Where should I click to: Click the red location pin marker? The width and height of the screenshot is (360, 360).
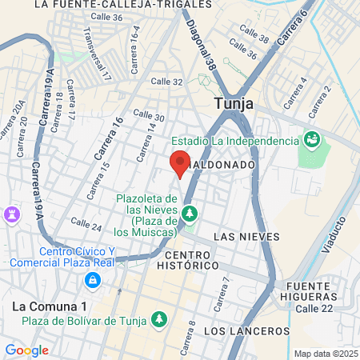pos(180,162)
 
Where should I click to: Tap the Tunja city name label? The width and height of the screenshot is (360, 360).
pos(234,103)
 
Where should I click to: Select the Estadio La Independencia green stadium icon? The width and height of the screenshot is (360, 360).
pos(311,141)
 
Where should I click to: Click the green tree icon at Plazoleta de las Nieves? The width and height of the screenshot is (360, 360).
pos(190,213)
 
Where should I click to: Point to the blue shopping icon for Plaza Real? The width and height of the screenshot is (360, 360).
pos(93,280)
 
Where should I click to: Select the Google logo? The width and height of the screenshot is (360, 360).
pos(26,350)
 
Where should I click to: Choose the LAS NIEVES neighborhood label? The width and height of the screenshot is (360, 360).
pos(247,236)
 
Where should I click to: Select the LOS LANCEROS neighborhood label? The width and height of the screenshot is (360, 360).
pos(246,330)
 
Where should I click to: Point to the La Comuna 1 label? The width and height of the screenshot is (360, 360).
pos(49,306)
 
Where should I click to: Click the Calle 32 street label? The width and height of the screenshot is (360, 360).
pos(167,81)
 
